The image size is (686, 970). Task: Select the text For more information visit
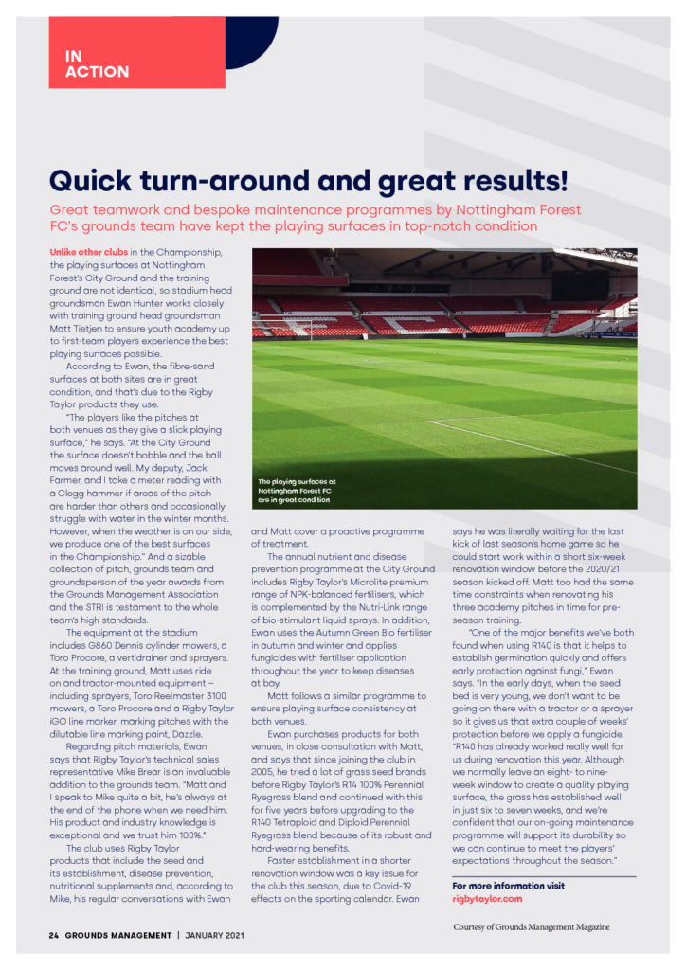508,886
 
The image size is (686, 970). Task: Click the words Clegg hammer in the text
96,494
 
